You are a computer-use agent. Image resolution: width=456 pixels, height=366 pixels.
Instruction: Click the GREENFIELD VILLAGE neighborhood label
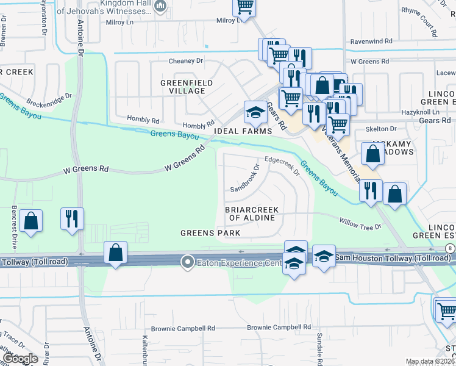point(187,87)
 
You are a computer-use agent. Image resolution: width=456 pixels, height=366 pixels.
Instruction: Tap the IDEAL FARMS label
point(241,132)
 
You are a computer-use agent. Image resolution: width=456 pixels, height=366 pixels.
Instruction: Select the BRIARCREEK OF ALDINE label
point(252,214)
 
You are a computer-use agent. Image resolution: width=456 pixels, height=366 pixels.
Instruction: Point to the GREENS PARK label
point(210,233)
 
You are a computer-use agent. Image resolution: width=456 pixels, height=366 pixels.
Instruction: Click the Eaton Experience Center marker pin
point(188,262)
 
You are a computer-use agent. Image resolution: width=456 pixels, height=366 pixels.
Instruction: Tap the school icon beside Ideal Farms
point(255,112)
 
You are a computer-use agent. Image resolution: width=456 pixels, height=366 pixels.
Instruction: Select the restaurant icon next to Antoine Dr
point(73,218)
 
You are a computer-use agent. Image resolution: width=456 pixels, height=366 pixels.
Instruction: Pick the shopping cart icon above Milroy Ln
point(244,7)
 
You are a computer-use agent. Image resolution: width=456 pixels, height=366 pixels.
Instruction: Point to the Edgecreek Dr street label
point(282,166)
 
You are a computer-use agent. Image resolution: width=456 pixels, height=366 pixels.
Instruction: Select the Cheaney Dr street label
point(186,61)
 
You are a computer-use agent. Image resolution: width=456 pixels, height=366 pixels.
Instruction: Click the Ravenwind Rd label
point(374,42)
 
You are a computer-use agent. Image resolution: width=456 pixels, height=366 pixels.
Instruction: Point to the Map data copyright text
point(430,362)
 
